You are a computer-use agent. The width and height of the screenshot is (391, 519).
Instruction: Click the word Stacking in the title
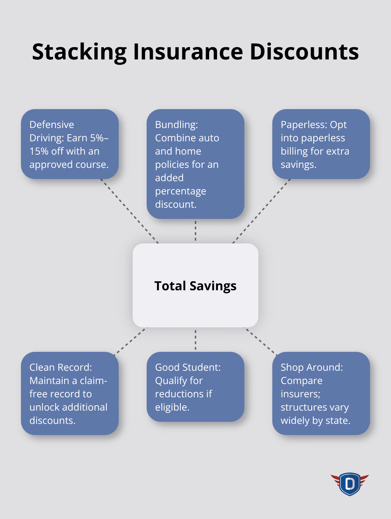[x=79, y=52]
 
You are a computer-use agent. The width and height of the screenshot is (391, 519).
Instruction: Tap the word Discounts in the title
[x=304, y=52]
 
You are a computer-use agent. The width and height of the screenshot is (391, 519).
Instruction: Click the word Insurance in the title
[x=188, y=52]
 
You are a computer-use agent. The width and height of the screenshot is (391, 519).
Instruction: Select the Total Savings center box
[x=195, y=285]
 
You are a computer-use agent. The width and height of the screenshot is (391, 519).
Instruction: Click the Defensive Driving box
[x=70, y=144]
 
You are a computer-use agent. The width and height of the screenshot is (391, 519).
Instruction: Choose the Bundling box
[x=195, y=164]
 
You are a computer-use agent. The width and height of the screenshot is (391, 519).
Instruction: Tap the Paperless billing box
[x=321, y=144]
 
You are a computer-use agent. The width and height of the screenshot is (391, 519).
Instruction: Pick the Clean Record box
[x=70, y=393]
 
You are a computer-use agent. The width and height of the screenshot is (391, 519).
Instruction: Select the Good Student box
[x=195, y=387]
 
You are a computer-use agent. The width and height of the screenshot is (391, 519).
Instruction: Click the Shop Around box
[x=321, y=393]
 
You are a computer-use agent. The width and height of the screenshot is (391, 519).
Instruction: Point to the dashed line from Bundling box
[x=195, y=231]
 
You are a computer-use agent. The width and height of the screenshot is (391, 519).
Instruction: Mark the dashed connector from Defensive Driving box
[x=130, y=211]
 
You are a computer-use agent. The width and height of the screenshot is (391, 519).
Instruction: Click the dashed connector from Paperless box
[x=261, y=211]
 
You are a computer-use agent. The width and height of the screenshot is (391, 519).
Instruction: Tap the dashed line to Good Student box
[x=195, y=340]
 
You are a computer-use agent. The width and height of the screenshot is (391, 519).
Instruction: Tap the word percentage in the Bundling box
[x=180, y=191]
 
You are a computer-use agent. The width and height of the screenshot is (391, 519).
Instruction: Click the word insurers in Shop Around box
[x=300, y=394]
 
